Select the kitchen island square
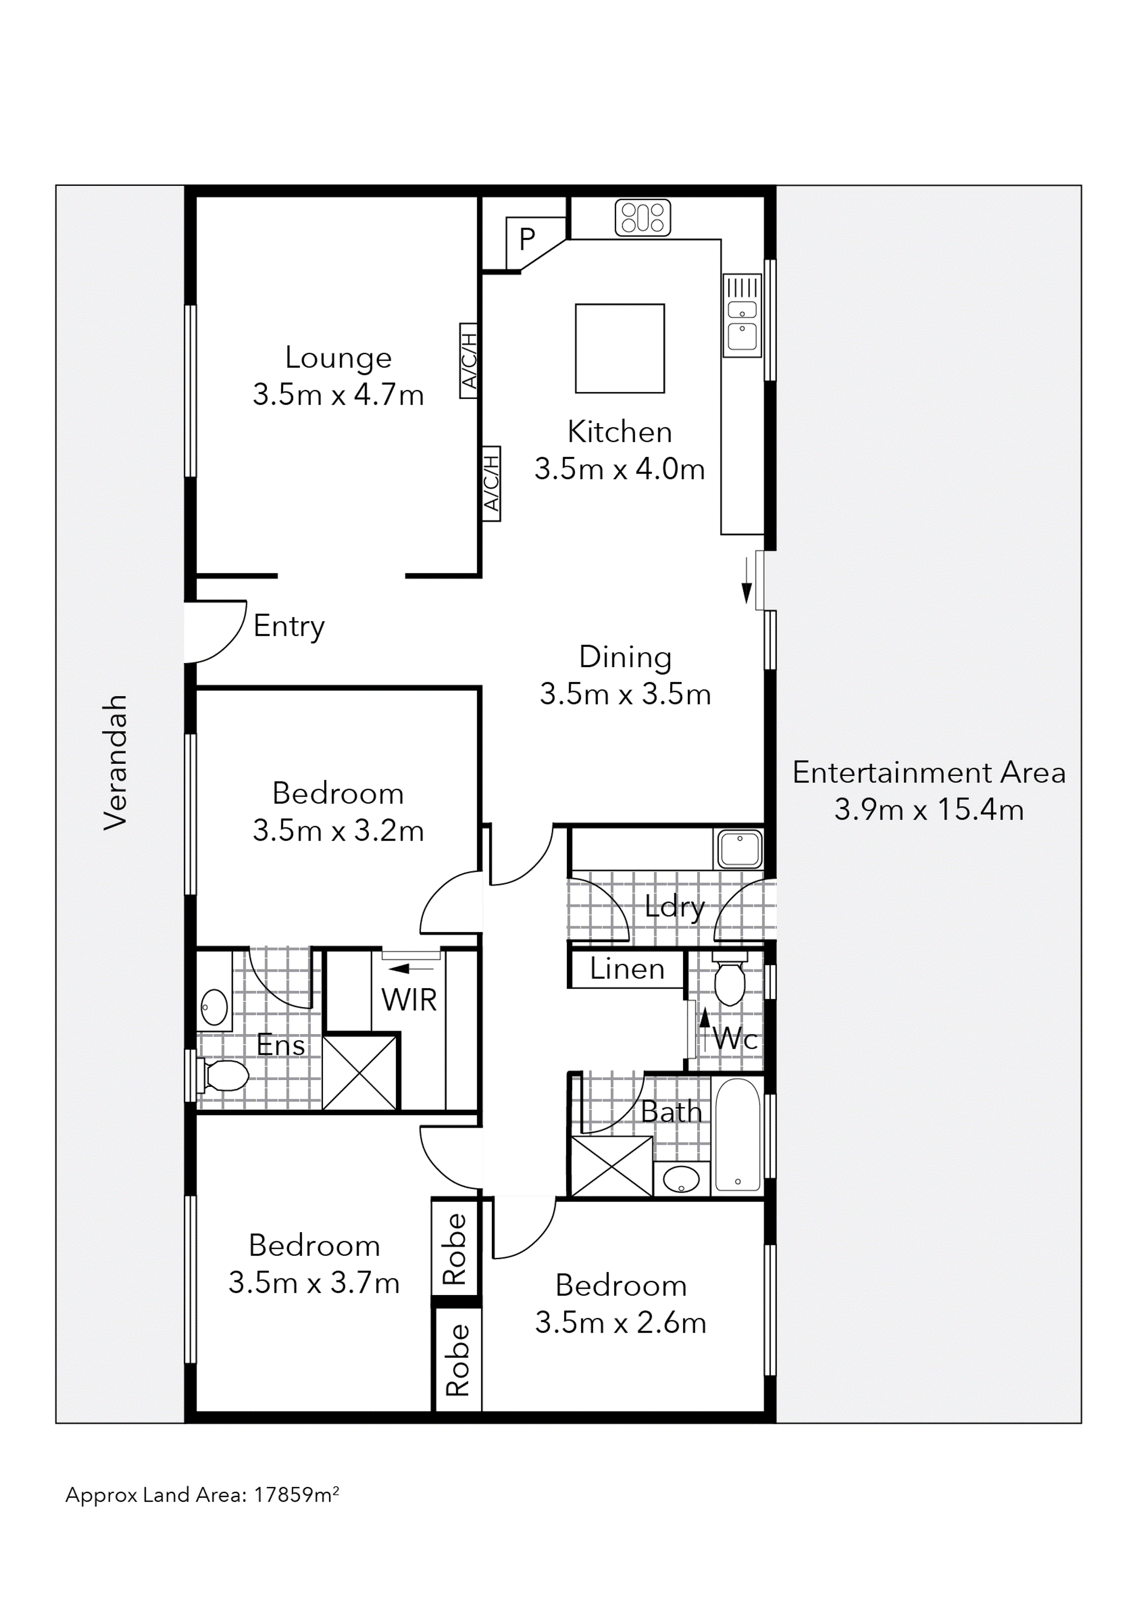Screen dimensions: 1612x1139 click(x=619, y=348)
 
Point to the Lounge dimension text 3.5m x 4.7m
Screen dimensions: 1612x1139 click(x=338, y=395)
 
